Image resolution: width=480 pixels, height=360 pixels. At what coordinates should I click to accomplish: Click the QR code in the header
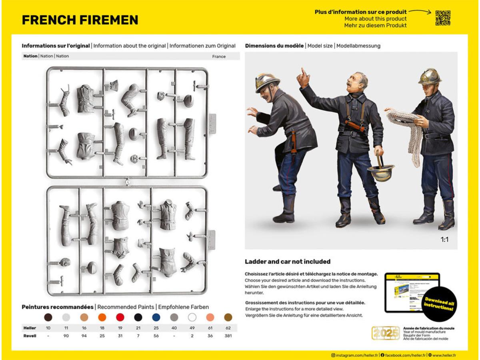pyautogui.click(x=443, y=18)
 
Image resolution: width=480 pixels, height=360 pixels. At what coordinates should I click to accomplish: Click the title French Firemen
pyautogui.click(x=80, y=20)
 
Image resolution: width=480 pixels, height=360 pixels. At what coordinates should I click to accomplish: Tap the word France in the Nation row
pyautogui.click(x=219, y=56)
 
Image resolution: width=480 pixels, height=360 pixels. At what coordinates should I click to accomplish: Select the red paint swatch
pyautogui.click(x=120, y=317)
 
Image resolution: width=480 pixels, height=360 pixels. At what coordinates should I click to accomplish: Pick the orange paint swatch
pyautogui.click(x=102, y=317)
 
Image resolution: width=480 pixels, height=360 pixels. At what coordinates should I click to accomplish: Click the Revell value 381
pyautogui.click(x=228, y=336)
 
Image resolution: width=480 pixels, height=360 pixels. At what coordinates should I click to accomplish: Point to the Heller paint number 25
pyautogui.click(x=156, y=328)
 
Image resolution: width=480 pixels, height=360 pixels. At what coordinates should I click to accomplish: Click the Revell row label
pyautogui.click(x=30, y=336)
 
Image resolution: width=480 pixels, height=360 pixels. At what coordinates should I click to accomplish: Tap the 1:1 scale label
pyautogui.click(x=445, y=240)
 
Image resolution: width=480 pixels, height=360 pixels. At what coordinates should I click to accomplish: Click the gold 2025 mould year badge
pyautogui.click(x=386, y=333)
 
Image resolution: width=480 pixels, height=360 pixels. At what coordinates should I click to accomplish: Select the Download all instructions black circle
pyautogui.click(x=439, y=304)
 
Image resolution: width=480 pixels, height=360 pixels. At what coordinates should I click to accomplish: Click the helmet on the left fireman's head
pyautogui.click(x=267, y=81)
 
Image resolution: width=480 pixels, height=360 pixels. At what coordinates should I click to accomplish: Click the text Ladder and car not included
pyautogui.click(x=288, y=262)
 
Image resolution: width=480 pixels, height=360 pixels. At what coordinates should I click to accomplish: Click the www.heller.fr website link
pyautogui.click(x=444, y=355)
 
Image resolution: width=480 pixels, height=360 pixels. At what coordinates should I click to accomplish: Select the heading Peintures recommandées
pyautogui.click(x=58, y=307)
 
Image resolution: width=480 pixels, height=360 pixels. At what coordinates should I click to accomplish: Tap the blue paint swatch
pyautogui.click(x=156, y=317)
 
